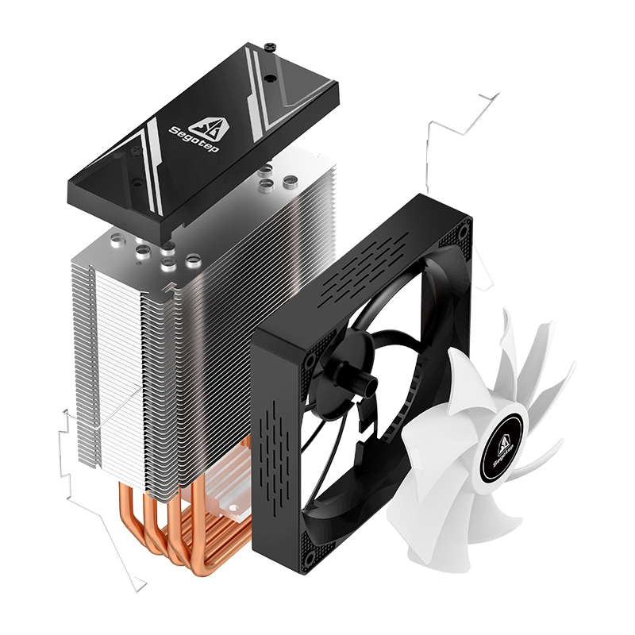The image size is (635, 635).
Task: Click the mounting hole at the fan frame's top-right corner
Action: click(464, 231)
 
